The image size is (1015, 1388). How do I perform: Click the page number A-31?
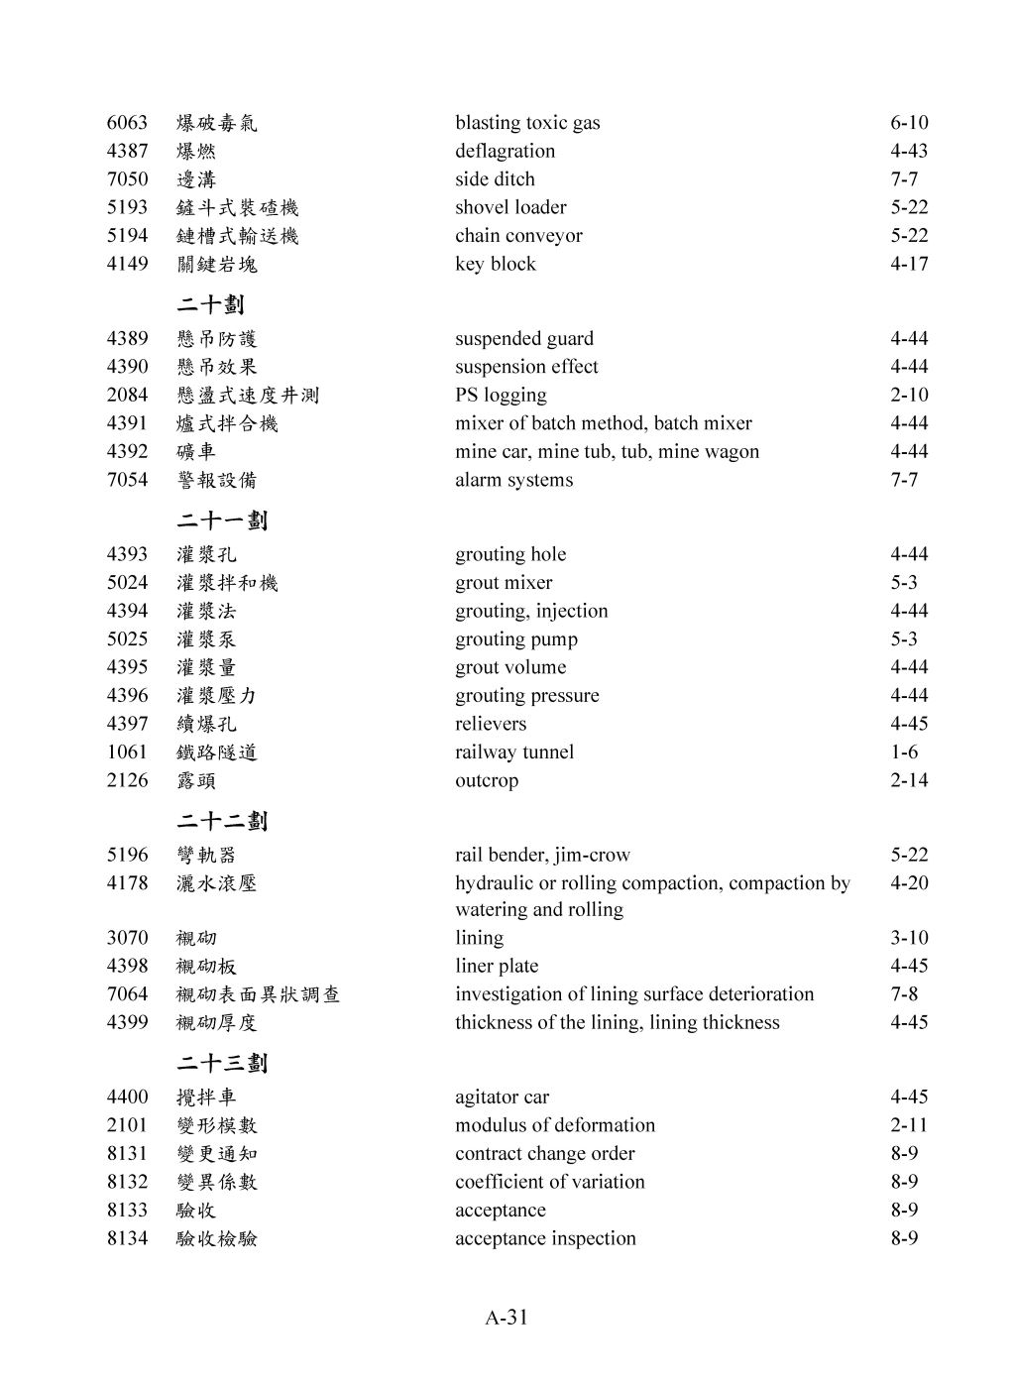pyautogui.click(x=507, y=1318)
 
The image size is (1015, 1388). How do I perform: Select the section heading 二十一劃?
pyautogui.click(x=222, y=520)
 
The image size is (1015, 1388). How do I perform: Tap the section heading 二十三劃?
pyautogui.click(x=222, y=1063)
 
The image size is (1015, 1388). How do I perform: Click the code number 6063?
pyautogui.click(x=127, y=123)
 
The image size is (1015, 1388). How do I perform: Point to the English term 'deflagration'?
pyautogui.click(x=505, y=151)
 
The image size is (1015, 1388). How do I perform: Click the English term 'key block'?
pyautogui.click(x=495, y=264)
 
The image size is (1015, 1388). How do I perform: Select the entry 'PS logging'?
pyautogui.click(x=501, y=395)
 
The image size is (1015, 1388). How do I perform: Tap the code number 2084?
pyautogui.click(x=127, y=395)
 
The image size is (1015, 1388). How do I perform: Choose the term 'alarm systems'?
pyautogui.click(x=513, y=480)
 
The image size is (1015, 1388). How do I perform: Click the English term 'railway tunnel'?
pyautogui.click(x=513, y=752)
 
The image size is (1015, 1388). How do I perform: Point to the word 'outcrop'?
pyautogui.click(x=486, y=780)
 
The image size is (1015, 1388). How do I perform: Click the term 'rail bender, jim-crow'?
pyautogui.click(x=542, y=855)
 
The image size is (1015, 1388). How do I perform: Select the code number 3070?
pyautogui.click(x=127, y=938)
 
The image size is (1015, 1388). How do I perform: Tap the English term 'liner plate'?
pyautogui.click(x=497, y=966)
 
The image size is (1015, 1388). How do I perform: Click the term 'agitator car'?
pyautogui.click(x=502, y=1097)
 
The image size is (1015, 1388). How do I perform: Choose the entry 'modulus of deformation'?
pyautogui.click(x=554, y=1125)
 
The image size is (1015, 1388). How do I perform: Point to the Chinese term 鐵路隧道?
pyautogui.click(x=216, y=752)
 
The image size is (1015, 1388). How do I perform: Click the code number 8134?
pyautogui.click(x=127, y=1238)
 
